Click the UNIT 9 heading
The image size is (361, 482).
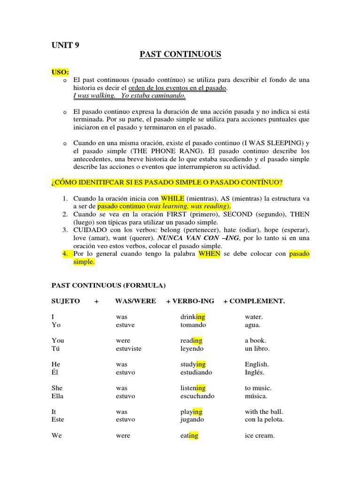coord(65,45)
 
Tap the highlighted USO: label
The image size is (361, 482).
coord(60,72)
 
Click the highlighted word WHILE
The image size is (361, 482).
coord(173,198)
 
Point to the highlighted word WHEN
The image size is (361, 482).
coord(209,254)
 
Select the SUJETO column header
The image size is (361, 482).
coord(65,301)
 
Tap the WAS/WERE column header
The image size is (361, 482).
coord(135,301)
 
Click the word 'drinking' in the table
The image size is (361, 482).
coord(193,317)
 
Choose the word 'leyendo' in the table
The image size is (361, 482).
coord(192,349)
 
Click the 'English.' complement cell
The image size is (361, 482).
coord(257,364)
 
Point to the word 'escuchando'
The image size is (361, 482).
coord(197,396)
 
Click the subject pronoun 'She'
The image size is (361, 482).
coord(57,388)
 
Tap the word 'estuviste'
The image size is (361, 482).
coord(128,349)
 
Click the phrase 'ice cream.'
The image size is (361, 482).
coord(259,435)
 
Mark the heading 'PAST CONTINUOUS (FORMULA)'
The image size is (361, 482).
coord(108,285)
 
